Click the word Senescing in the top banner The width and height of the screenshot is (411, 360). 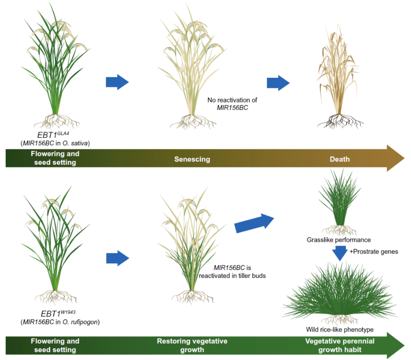[192, 159]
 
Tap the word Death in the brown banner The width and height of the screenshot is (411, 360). [340, 159]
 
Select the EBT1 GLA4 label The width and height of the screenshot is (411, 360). [53, 135]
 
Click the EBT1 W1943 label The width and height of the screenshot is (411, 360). [58, 313]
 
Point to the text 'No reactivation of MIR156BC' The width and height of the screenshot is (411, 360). [232, 104]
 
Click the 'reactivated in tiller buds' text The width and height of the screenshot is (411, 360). [232, 276]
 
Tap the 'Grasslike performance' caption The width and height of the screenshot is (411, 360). [339, 240]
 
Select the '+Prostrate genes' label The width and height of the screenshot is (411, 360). [374, 252]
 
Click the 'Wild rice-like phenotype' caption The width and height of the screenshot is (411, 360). [340, 329]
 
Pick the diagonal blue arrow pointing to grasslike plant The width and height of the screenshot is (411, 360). [254, 223]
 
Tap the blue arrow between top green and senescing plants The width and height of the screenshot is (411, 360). [117, 82]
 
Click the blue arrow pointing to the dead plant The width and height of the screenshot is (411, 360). [278, 83]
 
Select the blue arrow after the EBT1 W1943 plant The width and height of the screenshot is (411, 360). [117, 258]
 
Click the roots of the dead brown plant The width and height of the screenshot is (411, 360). [340, 121]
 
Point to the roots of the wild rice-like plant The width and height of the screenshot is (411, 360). [340, 319]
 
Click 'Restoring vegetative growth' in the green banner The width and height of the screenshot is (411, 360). [192, 345]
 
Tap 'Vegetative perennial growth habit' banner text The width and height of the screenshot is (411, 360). [340, 345]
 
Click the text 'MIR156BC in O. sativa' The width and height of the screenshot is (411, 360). [55, 143]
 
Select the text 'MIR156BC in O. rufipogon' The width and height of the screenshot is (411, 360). [60, 322]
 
